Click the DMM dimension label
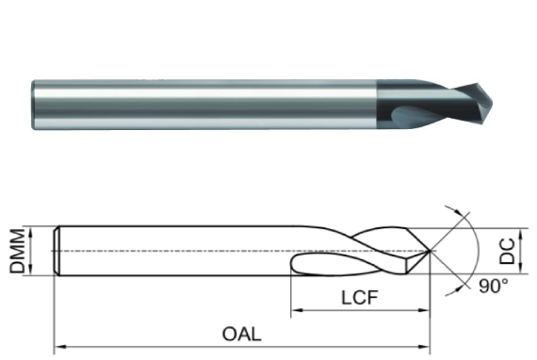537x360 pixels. click(x=17, y=252)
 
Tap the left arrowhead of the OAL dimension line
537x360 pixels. click(x=59, y=346)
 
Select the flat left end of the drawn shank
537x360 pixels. click(x=56, y=251)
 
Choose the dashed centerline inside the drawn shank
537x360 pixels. click(x=188, y=251)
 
